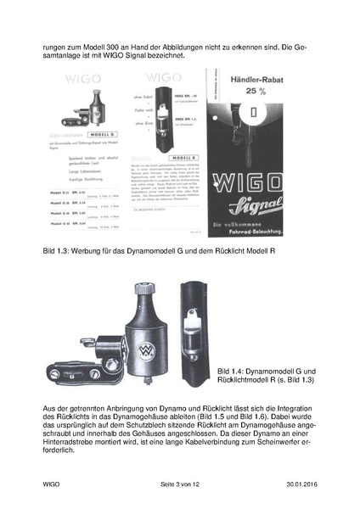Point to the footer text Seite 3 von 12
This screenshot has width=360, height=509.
click(179, 484)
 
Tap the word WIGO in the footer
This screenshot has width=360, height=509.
click(53, 484)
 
